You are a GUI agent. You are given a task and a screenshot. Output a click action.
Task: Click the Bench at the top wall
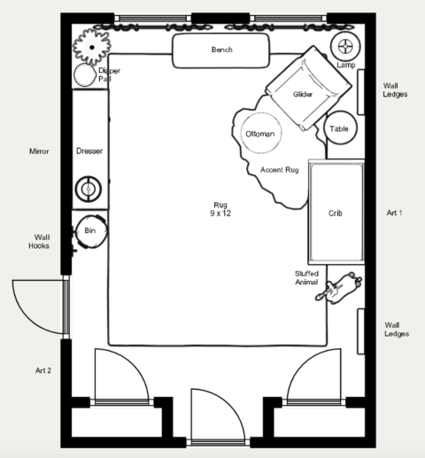[221, 50]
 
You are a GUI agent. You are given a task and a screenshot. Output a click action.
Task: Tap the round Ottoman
[260, 134]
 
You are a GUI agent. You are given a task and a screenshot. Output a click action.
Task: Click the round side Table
[340, 129]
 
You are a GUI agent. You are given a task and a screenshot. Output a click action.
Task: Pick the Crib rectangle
[335, 213]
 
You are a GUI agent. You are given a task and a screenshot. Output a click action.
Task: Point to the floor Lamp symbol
[345, 45]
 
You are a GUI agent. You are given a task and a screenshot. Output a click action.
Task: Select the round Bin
[89, 231]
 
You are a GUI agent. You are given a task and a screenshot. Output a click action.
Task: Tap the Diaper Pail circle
[85, 76]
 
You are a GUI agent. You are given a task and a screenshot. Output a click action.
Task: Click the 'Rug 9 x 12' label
[219, 209]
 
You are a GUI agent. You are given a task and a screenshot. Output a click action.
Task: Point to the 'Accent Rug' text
[278, 169]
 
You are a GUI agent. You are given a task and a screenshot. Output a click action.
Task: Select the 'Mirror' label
[38, 151]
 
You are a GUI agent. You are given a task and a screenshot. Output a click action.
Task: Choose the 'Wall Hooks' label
[41, 242]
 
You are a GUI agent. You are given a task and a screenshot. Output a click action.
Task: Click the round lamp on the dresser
[89, 188]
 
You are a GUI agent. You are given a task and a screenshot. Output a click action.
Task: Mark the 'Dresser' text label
[89, 151]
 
